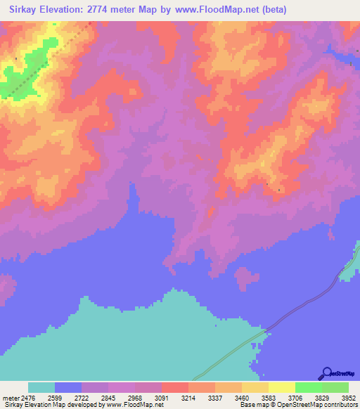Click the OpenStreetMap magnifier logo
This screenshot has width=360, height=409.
click(x=328, y=372)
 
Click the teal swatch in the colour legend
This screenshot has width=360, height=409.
click(x=41, y=387)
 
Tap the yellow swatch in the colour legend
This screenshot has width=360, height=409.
click(x=281, y=387)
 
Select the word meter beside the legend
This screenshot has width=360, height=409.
click(x=11, y=397)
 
